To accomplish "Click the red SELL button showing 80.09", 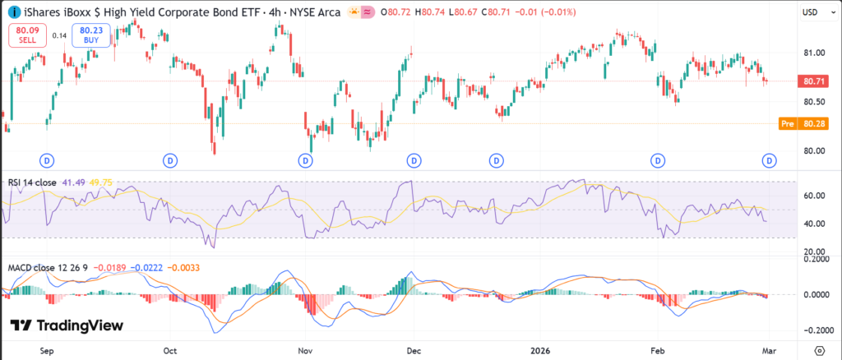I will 26,35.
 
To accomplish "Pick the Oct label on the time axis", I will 170,349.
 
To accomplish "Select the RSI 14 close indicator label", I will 34,182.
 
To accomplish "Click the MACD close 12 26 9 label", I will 48,268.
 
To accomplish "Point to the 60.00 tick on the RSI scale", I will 814,196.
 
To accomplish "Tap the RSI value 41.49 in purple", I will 76,182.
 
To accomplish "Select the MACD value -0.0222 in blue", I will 147,268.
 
